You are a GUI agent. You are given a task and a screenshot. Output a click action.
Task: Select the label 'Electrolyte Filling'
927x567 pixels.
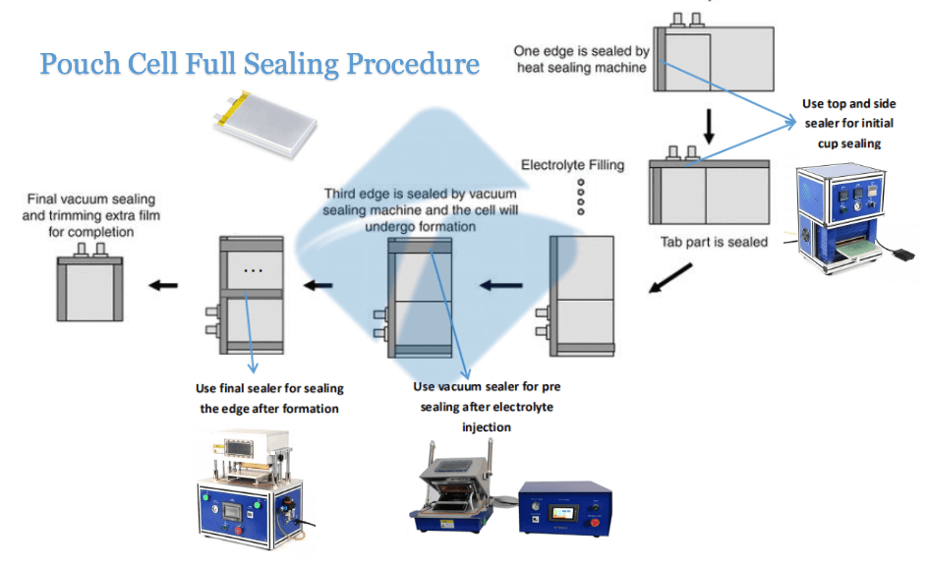[x=572, y=164]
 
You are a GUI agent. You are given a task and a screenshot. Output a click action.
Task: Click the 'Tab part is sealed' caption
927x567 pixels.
[x=714, y=241]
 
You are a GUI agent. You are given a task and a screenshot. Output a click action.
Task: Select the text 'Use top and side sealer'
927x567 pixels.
[x=848, y=103]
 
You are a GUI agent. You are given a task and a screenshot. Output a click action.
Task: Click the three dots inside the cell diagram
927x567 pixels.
[x=253, y=268]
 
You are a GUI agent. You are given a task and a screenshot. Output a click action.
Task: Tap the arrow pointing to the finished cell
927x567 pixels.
[x=163, y=285]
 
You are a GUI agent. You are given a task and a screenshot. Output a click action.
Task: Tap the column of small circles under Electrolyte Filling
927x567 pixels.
[x=581, y=197]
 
